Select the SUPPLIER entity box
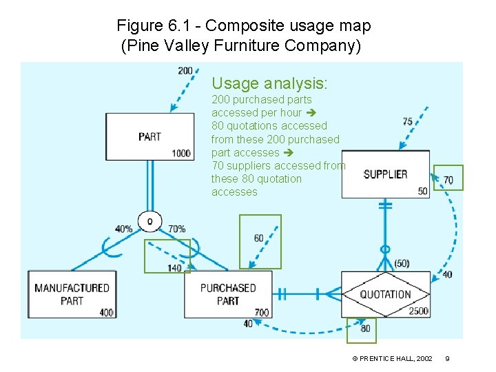click(x=385, y=174)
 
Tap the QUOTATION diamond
click(x=385, y=294)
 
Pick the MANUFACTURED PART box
click(x=72, y=294)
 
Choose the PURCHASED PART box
click(x=228, y=294)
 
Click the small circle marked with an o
click(x=149, y=220)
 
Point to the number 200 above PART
click(x=185, y=71)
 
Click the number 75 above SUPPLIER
click(x=408, y=121)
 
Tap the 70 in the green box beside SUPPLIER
click(x=448, y=180)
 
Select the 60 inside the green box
click(x=258, y=238)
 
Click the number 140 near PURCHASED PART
click(x=174, y=268)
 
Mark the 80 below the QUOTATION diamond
click(x=365, y=329)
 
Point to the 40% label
click(x=125, y=229)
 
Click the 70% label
click(x=176, y=229)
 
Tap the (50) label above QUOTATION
click(x=402, y=264)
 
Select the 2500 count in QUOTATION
click(x=418, y=311)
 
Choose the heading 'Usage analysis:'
click(x=269, y=83)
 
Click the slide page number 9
click(x=447, y=359)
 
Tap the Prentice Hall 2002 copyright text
click(x=392, y=359)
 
